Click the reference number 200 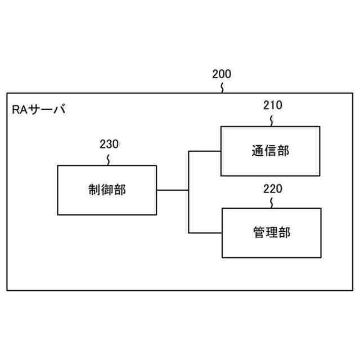[222, 74]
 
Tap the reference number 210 [273, 105]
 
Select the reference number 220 [273, 188]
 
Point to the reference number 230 [109, 144]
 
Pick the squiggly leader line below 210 [273, 119]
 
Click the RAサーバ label [39, 109]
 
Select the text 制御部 [107, 190]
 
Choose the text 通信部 [271, 150]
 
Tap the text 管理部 [272, 232]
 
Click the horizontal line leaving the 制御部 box [172, 190]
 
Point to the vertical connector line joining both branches [188, 191]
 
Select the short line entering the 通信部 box [204, 151]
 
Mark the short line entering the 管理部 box [205, 232]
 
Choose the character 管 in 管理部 [259, 232]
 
